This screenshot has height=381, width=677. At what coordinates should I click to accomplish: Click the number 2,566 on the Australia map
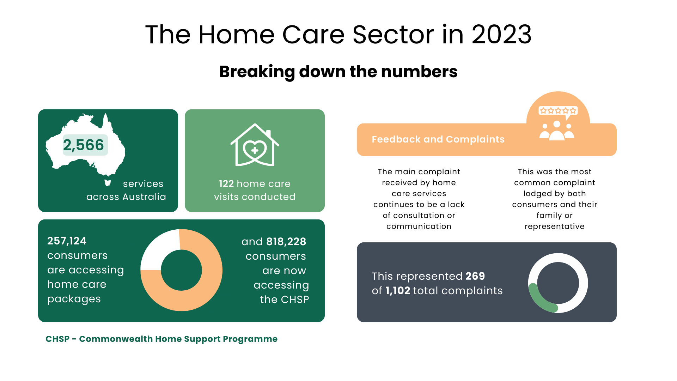click(84, 145)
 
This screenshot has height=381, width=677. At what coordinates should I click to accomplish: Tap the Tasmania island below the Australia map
click(108, 183)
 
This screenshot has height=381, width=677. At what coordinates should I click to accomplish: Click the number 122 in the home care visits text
click(226, 184)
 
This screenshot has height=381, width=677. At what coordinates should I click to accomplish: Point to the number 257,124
click(67, 241)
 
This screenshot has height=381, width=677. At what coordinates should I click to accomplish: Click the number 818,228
click(286, 242)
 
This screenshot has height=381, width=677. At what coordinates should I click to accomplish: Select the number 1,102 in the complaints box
click(397, 291)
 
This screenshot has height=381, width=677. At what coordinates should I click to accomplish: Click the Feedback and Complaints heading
click(438, 139)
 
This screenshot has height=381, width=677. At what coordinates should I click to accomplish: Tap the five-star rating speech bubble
click(558, 111)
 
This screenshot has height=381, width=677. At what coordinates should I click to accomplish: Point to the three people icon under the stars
click(557, 131)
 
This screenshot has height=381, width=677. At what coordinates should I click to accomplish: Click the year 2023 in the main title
click(501, 35)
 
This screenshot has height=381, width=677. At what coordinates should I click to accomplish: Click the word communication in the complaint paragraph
click(419, 226)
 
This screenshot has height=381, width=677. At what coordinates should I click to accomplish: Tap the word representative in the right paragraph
click(554, 226)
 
